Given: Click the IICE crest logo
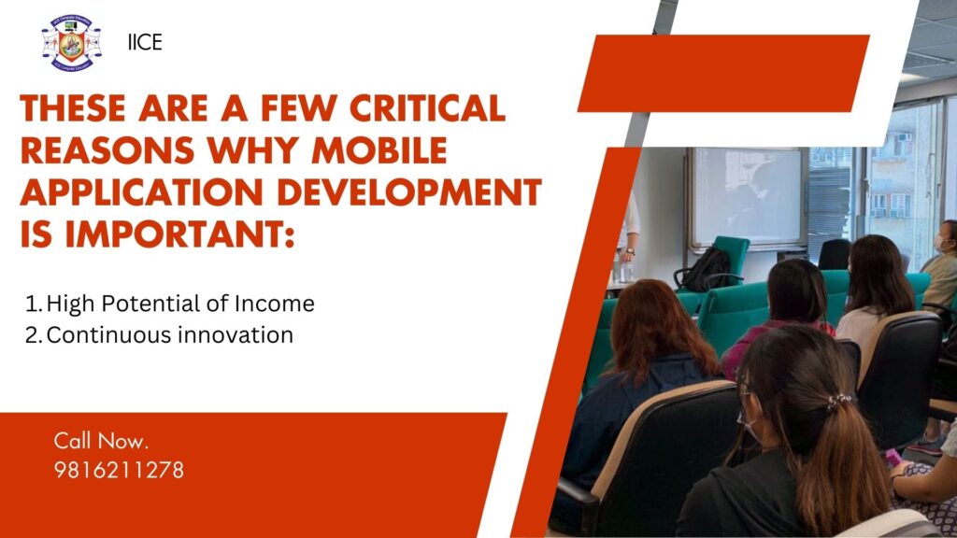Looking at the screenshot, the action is [x=71, y=43].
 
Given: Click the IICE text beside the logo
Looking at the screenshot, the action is [x=145, y=42].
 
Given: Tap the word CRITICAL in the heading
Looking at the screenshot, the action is [x=428, y=108].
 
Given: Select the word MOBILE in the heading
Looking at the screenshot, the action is [x=379, y=150].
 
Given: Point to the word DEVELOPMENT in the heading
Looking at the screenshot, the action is [x=409, y=192].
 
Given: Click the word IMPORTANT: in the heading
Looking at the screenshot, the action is [x=179, y=234].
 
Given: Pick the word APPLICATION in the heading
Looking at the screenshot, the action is [x=142, y=192].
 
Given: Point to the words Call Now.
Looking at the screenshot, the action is [x=101, y=441].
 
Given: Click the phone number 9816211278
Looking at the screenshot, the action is [x=119, y=470].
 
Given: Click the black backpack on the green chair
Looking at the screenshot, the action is [x=707, y=269].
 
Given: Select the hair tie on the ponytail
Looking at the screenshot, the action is [x=839, y=401].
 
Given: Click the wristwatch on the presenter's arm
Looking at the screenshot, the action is [x=630, y=251].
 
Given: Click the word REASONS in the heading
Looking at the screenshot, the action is [x=107, y=150].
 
